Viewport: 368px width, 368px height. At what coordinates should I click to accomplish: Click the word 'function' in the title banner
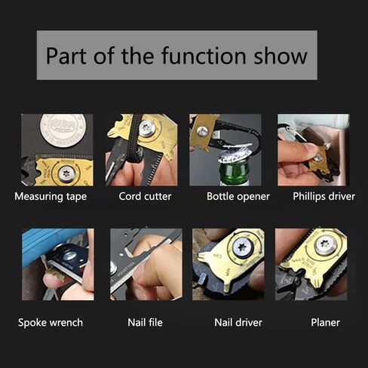click(204, 56)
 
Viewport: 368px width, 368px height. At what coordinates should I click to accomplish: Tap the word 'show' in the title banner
click(281, 56)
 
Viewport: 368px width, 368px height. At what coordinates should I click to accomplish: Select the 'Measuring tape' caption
click(51, 197)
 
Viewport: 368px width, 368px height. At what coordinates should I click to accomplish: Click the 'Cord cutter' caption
click(145, 196)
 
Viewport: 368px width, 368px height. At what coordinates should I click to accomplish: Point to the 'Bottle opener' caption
click(238, 197)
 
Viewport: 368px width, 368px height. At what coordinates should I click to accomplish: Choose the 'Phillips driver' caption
click(324, 197)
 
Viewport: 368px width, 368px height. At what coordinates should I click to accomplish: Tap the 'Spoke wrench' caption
click(51, 323)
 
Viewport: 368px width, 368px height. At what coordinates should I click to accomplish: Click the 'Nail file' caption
click(145, 323)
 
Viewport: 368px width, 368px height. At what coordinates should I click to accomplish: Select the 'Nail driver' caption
click(238, 323)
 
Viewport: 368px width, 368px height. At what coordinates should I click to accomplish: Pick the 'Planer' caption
click(325, 323)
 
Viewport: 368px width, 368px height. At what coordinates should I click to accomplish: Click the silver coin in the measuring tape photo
click(63, 130)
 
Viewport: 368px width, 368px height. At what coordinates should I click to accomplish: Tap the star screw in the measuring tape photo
click(66, 173)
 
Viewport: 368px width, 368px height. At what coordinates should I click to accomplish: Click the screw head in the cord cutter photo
click(147, 128)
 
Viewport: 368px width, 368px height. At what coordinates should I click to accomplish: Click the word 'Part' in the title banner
click(66, 56)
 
